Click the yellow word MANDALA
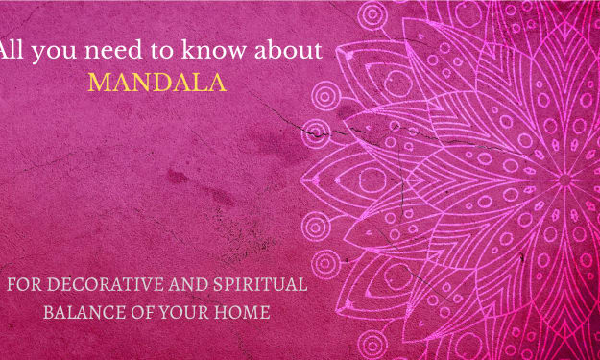(x=157, y=82)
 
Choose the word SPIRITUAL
(x=260, y=284)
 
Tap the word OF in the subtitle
(x=142, y=312)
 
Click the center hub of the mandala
(x=564, y=180)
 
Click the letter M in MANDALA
(x=100, y=83)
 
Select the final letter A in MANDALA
(x=217, y=83)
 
